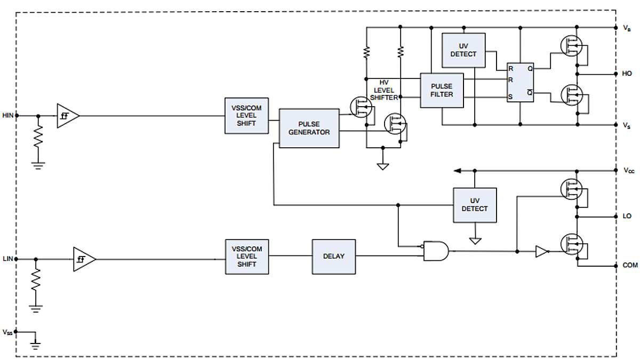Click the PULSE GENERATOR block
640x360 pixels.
[x=309, y=128]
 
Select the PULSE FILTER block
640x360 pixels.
[x=442, y=90]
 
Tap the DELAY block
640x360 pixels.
[x=333, y=257]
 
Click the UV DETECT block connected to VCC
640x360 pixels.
[x=474, y=205]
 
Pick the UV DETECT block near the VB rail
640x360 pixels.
[x=463, y=50]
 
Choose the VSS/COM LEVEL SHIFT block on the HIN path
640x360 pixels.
[x=246, y=115]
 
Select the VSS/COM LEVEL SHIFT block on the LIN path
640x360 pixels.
[x=246, y=257]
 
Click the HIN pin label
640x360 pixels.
[x=7, y=115]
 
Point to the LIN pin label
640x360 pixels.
[x=7, y=259]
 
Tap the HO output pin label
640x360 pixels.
[x=627, y=73]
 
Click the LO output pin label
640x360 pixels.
[x=627, y=216]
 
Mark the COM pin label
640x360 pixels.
[x=629, y=265]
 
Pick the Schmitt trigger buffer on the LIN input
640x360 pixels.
[x=84, y=259]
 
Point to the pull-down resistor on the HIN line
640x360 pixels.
[x=38, y=140]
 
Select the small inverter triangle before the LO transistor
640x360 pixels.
[x=542, y=251]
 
